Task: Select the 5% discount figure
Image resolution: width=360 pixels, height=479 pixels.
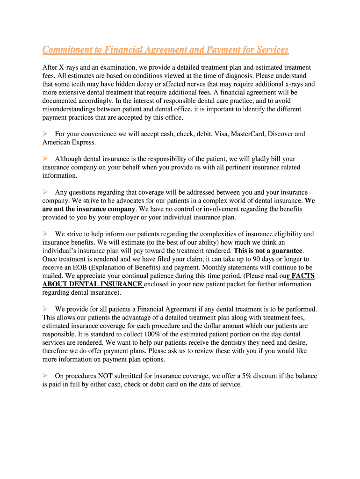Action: (x=247, y=376)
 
